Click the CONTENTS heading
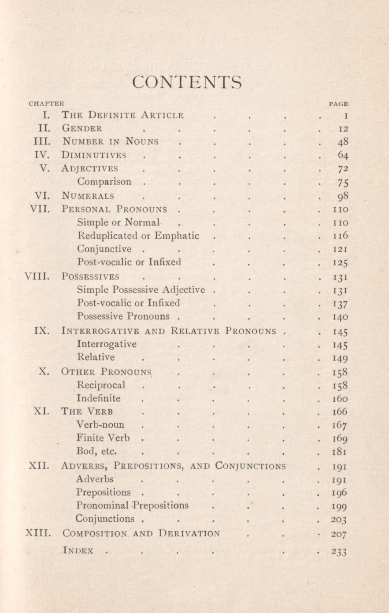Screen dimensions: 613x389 coord(187,83)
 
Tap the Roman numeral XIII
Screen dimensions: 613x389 coord(37,533)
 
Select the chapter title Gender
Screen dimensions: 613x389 coord(82,129)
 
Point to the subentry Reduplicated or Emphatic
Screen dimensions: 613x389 coord(138,236)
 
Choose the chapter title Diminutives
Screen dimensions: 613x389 coord(94,155)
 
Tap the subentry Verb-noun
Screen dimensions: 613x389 coord(100,425)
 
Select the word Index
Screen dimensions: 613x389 coord(78,550)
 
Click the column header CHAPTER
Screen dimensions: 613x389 coord(46,104)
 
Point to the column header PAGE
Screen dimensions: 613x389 coord(339,104)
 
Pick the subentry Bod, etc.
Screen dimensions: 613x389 coord(96,451)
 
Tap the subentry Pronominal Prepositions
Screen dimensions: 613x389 coord(132,505)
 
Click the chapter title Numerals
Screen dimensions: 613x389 coord(88,196)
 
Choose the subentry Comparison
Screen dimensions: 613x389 coord(104,182)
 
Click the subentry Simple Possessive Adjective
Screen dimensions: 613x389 coord(141,290)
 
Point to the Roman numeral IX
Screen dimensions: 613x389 coord(42,330)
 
